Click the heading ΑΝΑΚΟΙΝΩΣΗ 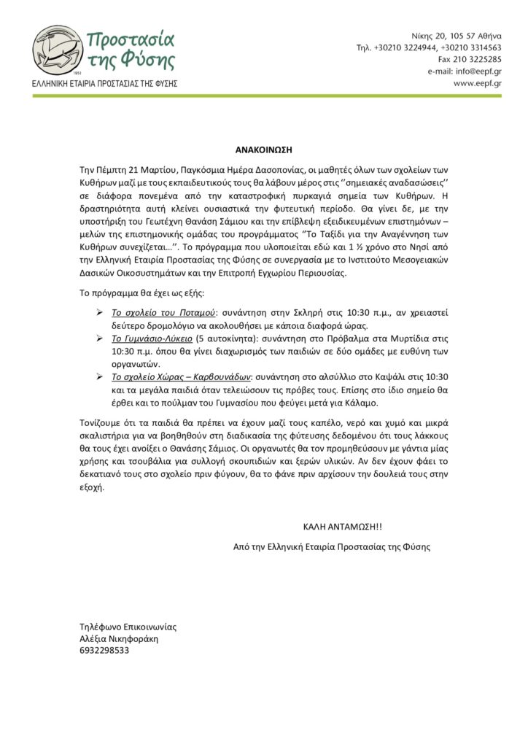pos(264,148)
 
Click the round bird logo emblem pos(58,50)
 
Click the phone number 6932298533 pos(104,650)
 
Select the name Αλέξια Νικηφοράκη pos(119,638)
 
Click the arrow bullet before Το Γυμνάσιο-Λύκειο pos(101,339)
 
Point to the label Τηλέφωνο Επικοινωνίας pos(128,627)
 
